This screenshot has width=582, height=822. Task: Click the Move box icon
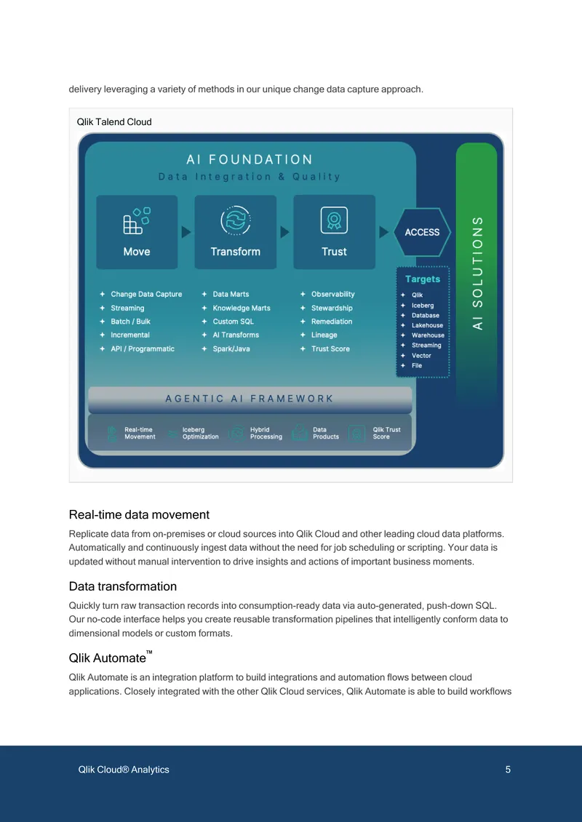136,220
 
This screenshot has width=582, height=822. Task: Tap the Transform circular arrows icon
236,220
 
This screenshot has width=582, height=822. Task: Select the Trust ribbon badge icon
334,220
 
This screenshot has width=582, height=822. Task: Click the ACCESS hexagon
422,232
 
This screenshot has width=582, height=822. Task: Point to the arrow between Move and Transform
186,232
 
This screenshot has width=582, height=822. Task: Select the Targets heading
423,279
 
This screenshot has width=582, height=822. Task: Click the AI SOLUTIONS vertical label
477,273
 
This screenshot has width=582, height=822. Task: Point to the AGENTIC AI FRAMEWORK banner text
250,399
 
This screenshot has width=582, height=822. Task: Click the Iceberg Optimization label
200,433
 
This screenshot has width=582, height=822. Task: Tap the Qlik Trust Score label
386,433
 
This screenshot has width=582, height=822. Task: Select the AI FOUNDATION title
250,159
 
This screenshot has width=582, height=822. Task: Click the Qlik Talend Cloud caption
114,122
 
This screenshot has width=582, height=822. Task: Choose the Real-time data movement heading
139,515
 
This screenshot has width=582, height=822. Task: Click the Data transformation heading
123,586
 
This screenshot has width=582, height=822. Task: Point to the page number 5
508,770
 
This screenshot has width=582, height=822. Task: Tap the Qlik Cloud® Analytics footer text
124,770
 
